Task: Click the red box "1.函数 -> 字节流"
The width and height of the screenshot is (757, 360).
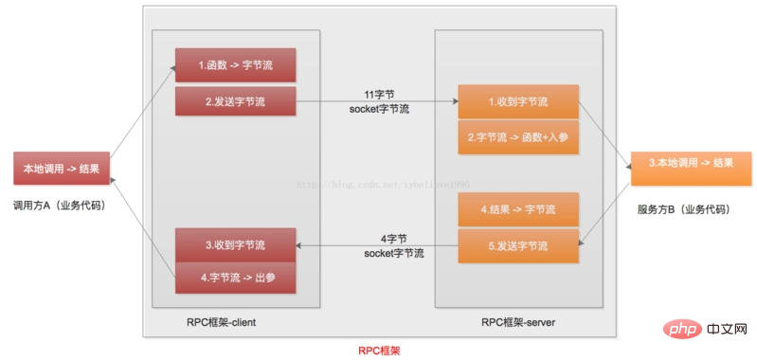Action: (x=235, y=65)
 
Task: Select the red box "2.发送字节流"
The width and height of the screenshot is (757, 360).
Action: (x=235, y=100)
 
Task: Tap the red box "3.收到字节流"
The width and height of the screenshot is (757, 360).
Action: (x=235, y=244)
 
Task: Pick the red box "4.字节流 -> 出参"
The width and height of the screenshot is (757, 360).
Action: (x=235, y=278)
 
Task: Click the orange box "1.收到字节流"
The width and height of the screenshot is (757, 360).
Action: (x=517, y=101)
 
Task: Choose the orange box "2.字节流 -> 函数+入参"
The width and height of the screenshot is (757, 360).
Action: (x=517, y=136)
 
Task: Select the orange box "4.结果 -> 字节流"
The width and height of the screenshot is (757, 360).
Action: (x=517, y=208)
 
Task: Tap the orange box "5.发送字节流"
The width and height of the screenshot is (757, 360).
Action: (x=517, y=245)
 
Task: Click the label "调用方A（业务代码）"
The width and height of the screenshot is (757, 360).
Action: (x=59, y=204)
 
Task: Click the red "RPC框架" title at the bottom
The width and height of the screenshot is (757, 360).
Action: (x=378, y=350)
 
